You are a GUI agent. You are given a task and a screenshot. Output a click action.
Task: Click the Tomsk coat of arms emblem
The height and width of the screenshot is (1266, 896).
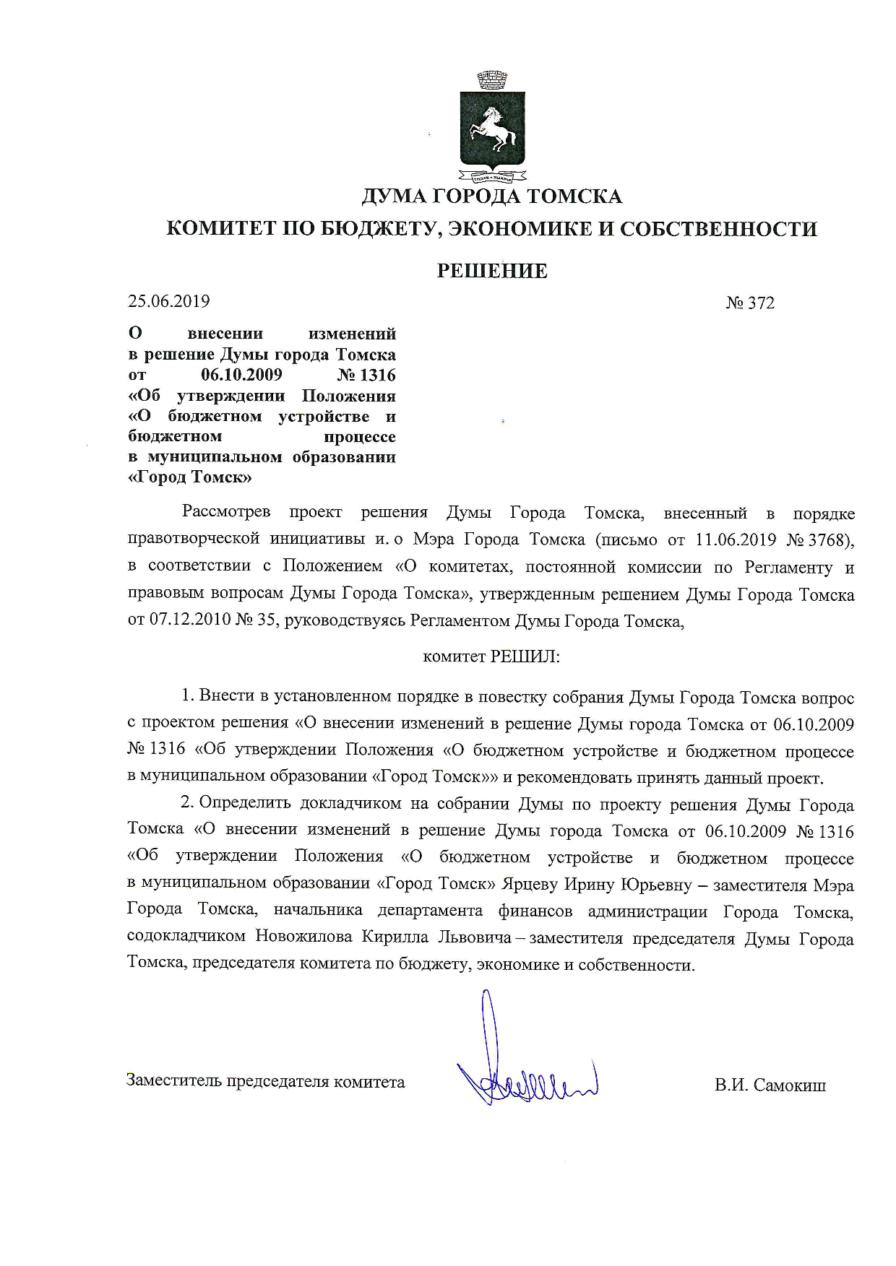pos(491,126)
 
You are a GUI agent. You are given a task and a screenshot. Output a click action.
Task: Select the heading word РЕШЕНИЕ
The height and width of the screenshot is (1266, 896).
pos(491,271)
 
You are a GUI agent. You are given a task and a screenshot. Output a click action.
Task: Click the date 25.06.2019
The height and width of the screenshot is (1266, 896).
pos(168,301)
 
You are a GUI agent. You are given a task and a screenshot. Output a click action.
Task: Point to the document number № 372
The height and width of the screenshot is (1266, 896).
pos(750,303)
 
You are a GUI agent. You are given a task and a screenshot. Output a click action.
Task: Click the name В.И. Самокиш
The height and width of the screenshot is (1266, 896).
pos(770,1085)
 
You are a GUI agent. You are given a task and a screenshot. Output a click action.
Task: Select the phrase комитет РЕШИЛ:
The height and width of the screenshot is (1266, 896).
pos(491,656)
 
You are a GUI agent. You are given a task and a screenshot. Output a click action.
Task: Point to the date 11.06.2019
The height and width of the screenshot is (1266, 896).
pos(735,540)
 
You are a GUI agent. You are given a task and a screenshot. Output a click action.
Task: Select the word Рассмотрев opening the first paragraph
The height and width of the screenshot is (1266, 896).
pos(226,513)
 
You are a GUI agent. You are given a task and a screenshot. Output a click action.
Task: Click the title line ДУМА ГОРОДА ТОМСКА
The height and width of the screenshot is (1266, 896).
pos(491,196)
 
